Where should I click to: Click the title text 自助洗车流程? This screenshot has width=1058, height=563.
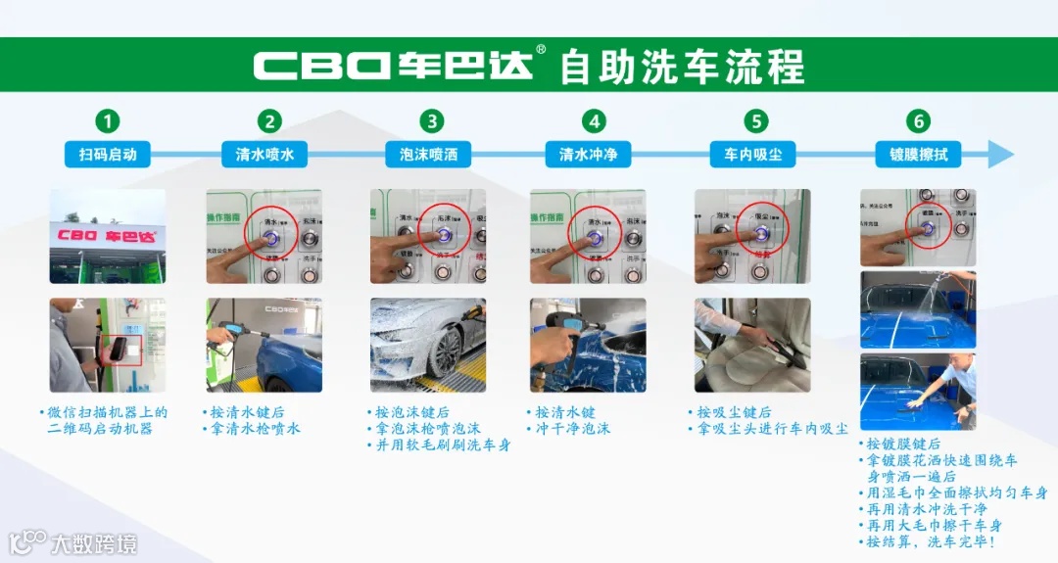click(x=682, y=66)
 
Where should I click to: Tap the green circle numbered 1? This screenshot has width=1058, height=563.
click(x=108, y=121)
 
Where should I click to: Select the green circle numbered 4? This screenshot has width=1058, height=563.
click(x=594, y=121)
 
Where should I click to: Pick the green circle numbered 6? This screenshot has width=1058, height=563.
click(x=917, y=121)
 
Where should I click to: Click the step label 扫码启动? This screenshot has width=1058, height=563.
click(x=108, y=154)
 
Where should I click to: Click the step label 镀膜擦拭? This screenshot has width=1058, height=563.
click(x=917, y=154)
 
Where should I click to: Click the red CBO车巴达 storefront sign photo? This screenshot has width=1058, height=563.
click(x=108, y=236)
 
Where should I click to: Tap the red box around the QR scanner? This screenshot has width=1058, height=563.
click(x=124, y=350)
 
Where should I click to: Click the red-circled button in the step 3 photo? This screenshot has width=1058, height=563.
click(x=443, y=233)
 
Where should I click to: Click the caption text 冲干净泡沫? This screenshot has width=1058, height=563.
click(x=572, y=429)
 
